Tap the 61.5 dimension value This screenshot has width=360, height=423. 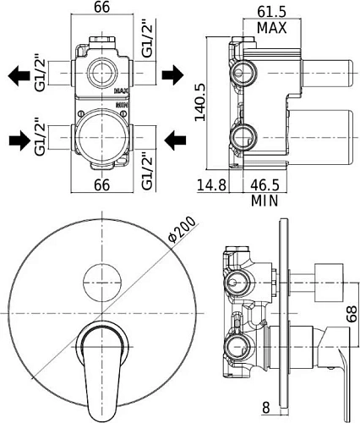click(271, 12)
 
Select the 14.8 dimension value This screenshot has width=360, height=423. click(211, 185)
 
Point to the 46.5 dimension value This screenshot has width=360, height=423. click(265, 185)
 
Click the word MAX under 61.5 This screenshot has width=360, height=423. click(271, 28)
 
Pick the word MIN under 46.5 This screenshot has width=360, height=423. click(265, 201)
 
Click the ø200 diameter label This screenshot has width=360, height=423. click(182, 229)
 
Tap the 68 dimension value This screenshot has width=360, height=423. click(352, 314)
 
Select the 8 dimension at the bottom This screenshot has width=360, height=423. click(266, 408)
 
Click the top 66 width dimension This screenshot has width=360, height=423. click(101, 8)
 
